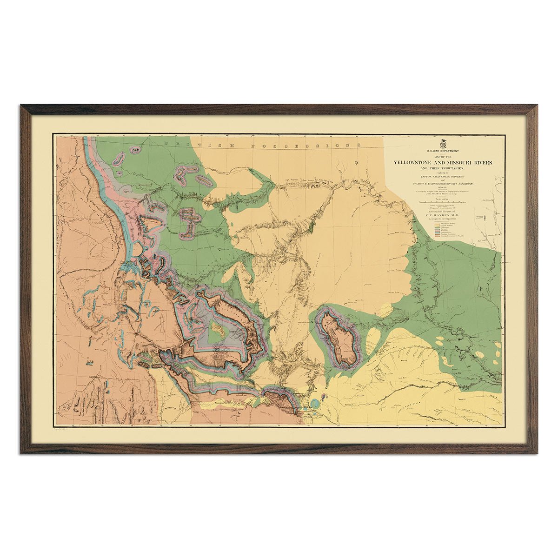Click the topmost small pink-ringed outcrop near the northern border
(x=135, y=150)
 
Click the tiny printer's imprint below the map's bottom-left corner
(x=61, y=429)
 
